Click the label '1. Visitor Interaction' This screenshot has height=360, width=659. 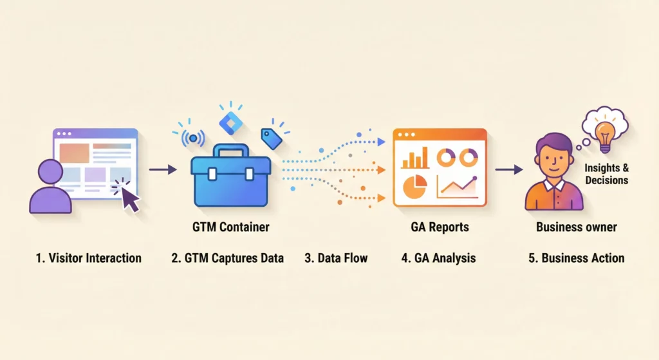pos(88,258)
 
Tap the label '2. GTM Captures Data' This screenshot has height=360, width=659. pos(227,258)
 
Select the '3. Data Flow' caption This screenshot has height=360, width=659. pos(336,258)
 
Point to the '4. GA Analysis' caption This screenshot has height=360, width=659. pos(439,258)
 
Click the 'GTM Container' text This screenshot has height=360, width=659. pos(230,227)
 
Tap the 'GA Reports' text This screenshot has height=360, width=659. pos(440,227)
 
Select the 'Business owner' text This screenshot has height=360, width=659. pos(577,227)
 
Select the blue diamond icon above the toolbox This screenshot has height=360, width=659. pos(228,120)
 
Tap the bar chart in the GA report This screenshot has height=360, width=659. pos(414,157)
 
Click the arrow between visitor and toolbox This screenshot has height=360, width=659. pos(163,169)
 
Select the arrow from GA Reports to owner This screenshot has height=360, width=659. pos(508,169)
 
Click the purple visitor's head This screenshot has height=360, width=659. pos(50,172)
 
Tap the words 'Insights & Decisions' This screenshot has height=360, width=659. pos(606,174)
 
